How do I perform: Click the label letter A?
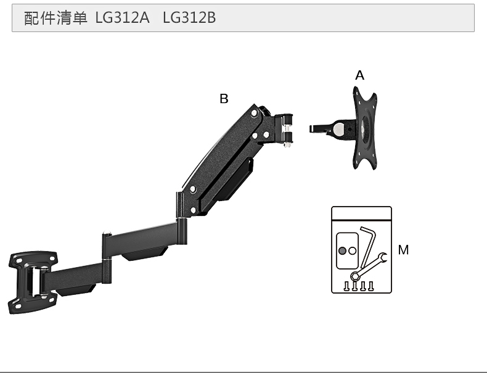pyautogui.click(x=360, y=75)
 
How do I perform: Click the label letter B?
pyautogui.click(x=224, y=98)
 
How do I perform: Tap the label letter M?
pyautogui.click(x=403, y=250)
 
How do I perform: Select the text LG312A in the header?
pyautogui.click(x=123, y=18)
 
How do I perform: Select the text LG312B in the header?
pyautogui.click(x=189, y=18)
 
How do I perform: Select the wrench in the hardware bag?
pyautogui.click(x=369, y=266)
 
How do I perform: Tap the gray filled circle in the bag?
pyautogui.click(x=342, y=251)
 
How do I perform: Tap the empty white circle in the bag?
pyautogui.click(x=353, y=251)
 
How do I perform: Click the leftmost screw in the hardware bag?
pyautogui.click(x=347, y=286)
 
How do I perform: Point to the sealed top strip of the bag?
pyautogui.click(x=362, y=214)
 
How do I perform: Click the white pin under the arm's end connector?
pyautogui.click(x=287, y=144)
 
